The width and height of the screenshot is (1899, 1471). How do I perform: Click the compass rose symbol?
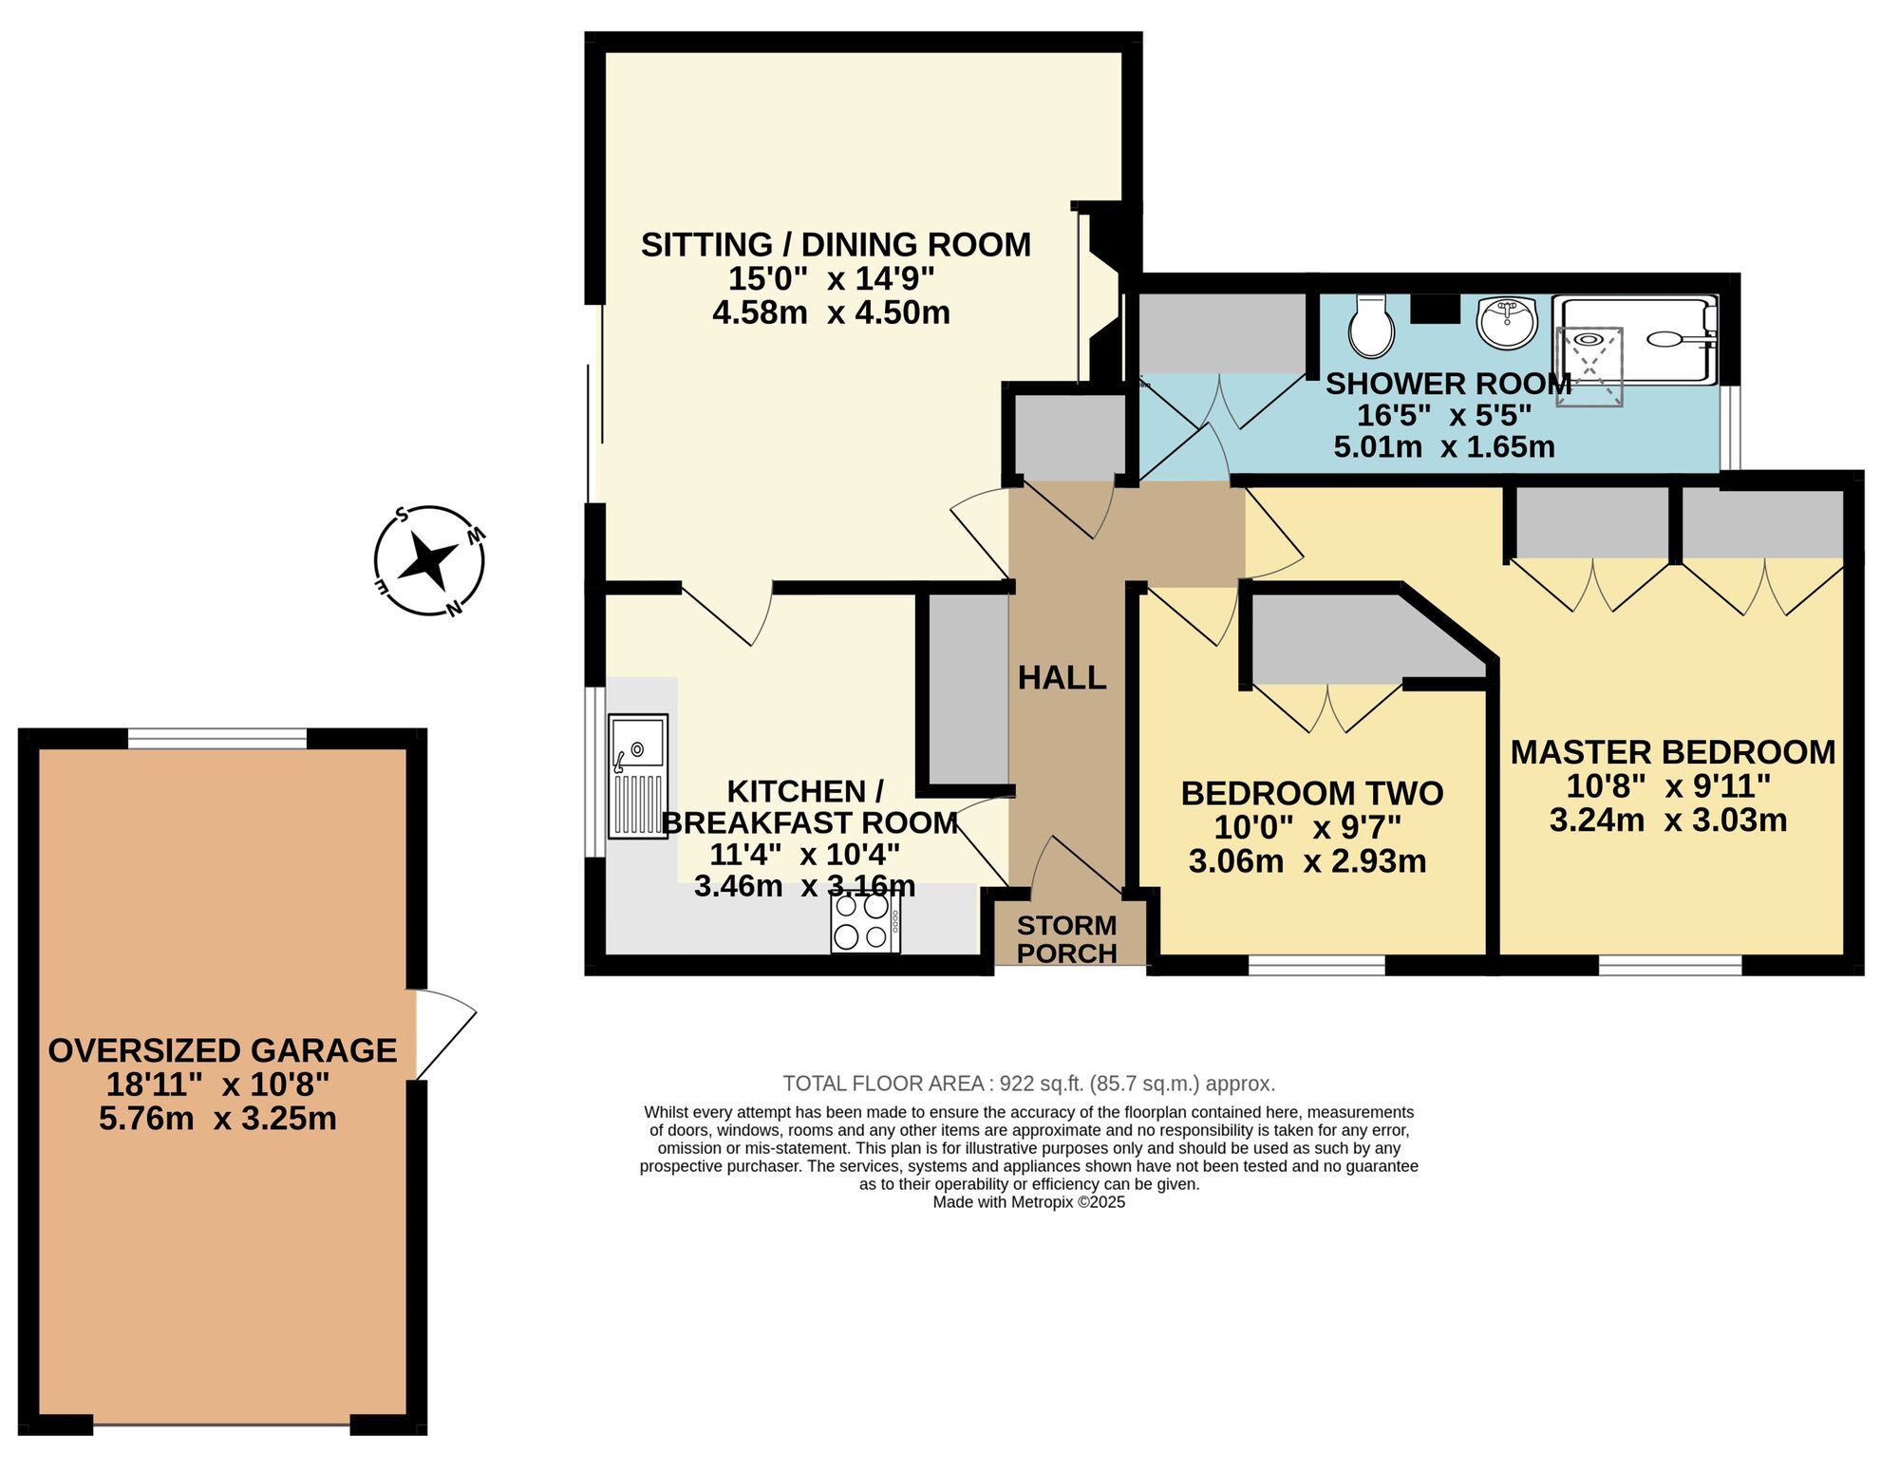point(429,561)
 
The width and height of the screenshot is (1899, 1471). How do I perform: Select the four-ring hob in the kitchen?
point(865,922)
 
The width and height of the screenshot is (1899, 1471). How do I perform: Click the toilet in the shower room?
point(1371,326)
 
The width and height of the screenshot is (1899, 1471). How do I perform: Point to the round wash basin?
point(1507,323)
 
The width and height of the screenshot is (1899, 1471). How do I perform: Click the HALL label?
point(1062,678)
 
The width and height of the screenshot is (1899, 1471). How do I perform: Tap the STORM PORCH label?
point(1066,939)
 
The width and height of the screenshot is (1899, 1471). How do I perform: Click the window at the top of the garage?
point(217,739)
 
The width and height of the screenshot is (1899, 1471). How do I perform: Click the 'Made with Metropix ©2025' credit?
point(1028,1202)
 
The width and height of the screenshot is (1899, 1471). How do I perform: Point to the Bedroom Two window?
point(1316,966)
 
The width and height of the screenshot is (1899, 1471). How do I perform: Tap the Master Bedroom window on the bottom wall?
point(1670,966)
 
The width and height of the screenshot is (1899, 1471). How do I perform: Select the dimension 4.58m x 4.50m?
point(831,312)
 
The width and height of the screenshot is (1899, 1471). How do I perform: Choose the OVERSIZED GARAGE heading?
point(222,1050)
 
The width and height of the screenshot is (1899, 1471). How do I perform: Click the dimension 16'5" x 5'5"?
point(1443,415)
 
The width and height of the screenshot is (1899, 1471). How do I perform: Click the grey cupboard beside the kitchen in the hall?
point(968,688)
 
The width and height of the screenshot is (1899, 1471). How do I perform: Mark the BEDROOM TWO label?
point(1311,793)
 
